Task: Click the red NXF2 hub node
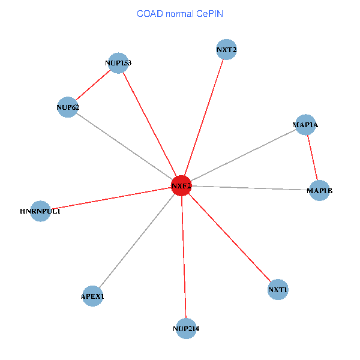click(x=181, y=186)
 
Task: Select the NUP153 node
click(x=118, y=62)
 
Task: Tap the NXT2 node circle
click(x=226, y=50)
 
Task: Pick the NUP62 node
click(x=68, y=107)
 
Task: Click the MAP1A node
click(x=305, y=125)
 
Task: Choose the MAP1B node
click(x=319, y=190)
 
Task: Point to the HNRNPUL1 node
click(x=40, y=211)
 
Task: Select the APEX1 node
click(x=92, y=296)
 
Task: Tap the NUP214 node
click(x=186, y=328)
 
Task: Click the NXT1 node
click(x=278, y=290)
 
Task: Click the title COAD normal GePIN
click(x=180, y=13)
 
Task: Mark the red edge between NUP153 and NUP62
click(x=93, y=85)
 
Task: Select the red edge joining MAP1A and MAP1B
click(x=312, y=157)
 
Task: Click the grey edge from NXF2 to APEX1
click(x=137, y=241)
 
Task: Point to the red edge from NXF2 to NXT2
click(x=204, y=118)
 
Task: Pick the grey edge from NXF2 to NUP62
click(x=125, y=147)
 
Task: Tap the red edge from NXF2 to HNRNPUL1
click(x=111, y=199)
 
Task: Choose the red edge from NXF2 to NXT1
click(x=229, y=238)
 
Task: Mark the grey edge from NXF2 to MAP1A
click(x=243, y=155)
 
